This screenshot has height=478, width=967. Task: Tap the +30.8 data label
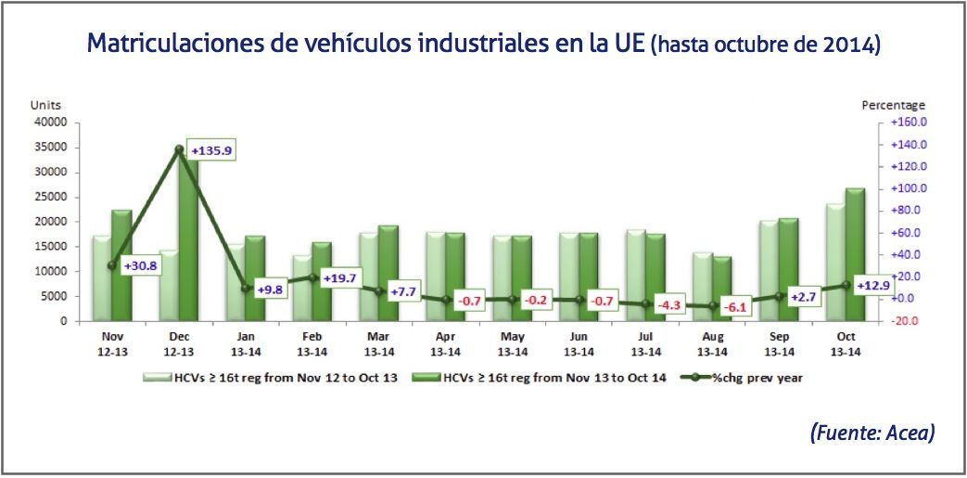pyautogui.click(x=140, y=265)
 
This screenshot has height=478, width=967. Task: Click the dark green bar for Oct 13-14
pyautogui.click(x=855, y=254)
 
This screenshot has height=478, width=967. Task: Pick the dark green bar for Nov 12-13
pyautogui.click(x=121, y=265)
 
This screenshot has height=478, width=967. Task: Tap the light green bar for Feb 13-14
pyautogui.click(x=301, y=288)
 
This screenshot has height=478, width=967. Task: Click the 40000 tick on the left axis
pyautogui.click(x=52, y=122)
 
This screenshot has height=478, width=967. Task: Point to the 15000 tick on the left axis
pyautogui.click(x=52, y=246)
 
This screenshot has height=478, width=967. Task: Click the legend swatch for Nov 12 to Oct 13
pyautogui.click(x=157, y=378)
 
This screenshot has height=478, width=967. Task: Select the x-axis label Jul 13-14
pyautogui.click(x=645, y=345)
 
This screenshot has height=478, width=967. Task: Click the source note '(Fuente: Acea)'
pyautogui.click(x=872, y=433)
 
